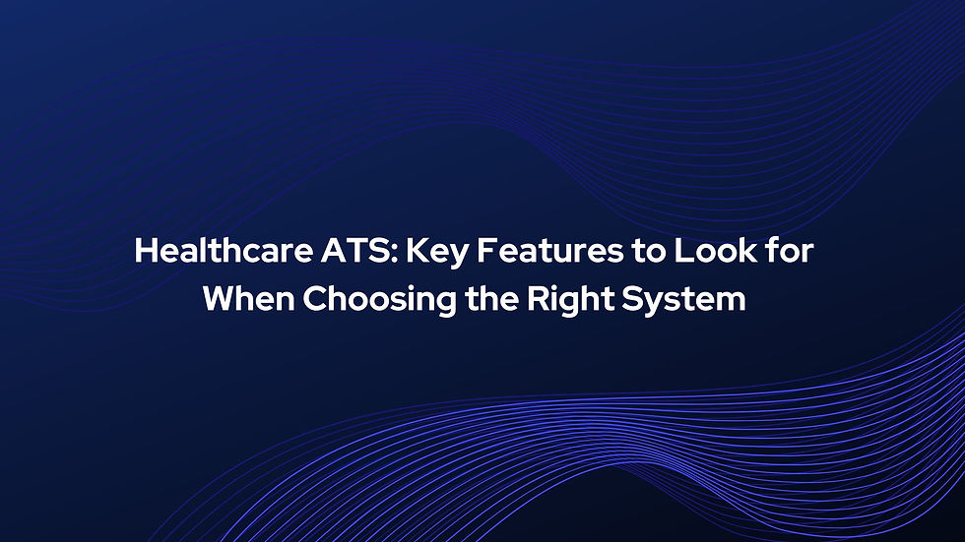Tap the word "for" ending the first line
tap(792, 251)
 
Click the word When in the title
tap(247, 299)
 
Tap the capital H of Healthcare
tap(145, 251)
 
